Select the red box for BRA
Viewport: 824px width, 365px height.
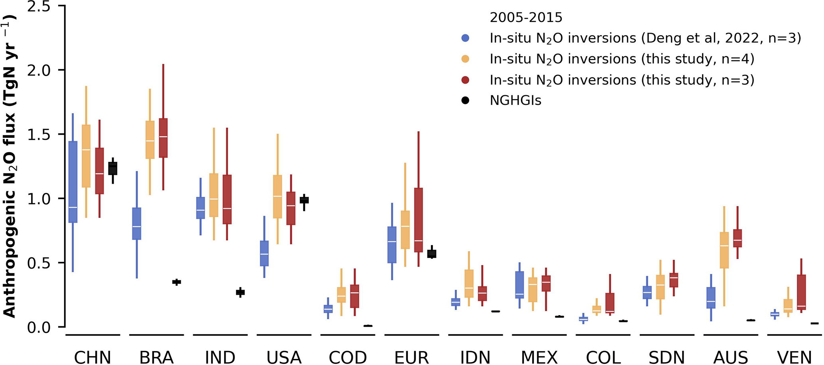click(x=163, y=138)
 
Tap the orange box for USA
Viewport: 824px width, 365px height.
click(x=277, y=196)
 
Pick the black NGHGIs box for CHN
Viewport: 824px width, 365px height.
click(x=113, y=168)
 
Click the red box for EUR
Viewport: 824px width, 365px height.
click(x=419, y=220)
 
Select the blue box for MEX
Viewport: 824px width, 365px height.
click(x=519, y=285)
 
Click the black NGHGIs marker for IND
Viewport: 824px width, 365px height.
click(x=240, y=292)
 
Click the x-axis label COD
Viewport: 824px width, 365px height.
click(x=348, y=357)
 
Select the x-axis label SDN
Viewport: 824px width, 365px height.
click(x=667, y=357)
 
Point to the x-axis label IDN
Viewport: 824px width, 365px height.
click(x=475, y=357)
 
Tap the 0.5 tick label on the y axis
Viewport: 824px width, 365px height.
click(x=39, y=263)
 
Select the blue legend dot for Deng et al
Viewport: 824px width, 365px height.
click(x=465, y=38)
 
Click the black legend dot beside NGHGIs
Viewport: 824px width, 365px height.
click(x=465, y=100)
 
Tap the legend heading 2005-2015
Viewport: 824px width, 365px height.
click(x=526, y=18)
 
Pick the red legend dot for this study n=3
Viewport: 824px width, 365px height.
click(x=465, y=80)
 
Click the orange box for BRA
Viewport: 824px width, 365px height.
click(x=150, y=140)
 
